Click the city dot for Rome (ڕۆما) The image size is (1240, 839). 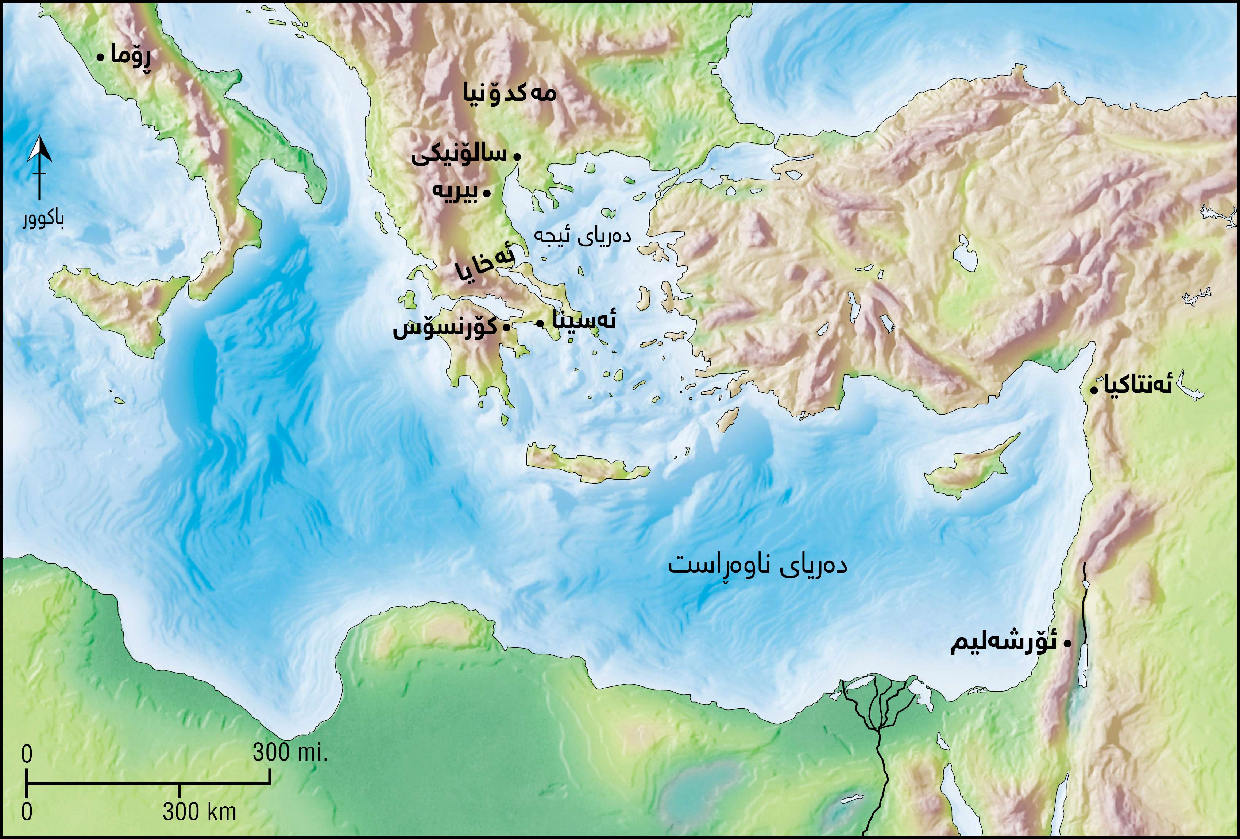tap(100, 57)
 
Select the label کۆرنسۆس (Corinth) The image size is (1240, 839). tap(444, 327)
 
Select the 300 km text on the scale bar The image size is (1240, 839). tap(199, 812)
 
